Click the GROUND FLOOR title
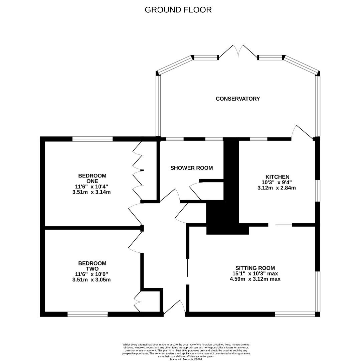point(178,10)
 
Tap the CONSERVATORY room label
point(238,99)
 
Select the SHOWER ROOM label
point(191,168)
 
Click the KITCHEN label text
point(277,177)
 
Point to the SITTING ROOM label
point(255,268)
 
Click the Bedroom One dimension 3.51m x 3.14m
point(91,192)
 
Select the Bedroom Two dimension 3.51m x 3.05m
point(91,280)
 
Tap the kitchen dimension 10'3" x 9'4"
point(277,182)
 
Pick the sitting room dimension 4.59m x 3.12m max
point(255,279)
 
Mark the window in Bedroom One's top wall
point(93,139)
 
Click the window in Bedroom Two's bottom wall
point(87,314)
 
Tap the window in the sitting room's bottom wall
point(295,314)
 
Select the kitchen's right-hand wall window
point(318,191)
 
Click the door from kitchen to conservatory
point(303,133)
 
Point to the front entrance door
point(174,307)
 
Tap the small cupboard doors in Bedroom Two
point(137,302)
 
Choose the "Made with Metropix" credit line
point(186,359)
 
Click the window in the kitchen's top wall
point(259,139)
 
